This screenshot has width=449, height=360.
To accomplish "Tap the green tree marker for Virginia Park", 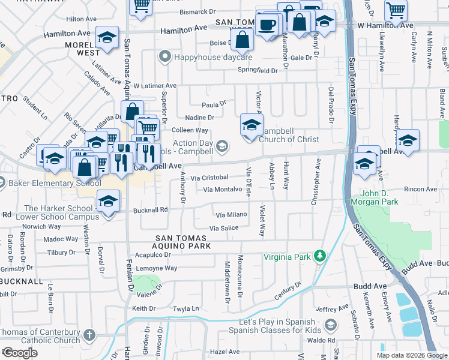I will [321, 257].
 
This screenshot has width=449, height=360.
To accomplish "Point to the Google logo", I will [20, 353].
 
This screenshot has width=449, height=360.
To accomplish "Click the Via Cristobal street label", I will [209, 178].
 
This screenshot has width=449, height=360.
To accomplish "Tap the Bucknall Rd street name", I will [150, 210].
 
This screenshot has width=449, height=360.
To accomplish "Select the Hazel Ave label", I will [225, 352].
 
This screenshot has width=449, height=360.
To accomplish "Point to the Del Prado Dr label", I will [331, 105].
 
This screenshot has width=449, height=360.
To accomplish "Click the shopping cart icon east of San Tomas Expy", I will [396, 9].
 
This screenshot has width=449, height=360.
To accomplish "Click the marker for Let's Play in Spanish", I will [330, 325].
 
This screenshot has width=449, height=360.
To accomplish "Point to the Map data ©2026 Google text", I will [411, 355].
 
